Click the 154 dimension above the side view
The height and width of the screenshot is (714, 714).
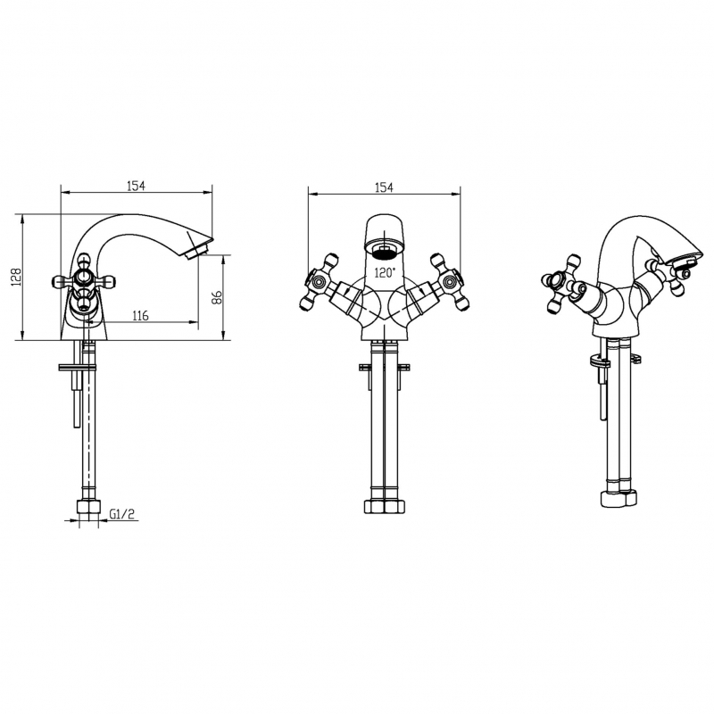(x=136, y=186)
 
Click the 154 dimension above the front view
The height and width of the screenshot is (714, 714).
(x=384, y=187)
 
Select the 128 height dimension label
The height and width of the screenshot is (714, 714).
(x=17, y=277)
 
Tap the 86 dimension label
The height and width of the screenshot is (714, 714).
(x=217, y=297)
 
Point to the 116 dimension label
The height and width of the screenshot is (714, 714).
(x=140, y=315)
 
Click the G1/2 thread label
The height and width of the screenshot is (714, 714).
(x=121, y=514)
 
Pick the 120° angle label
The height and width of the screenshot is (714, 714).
(x=385, y=273)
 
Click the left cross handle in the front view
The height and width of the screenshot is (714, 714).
(x=319, y=282)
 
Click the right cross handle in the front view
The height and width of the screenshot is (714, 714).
(x=450, y=282)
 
